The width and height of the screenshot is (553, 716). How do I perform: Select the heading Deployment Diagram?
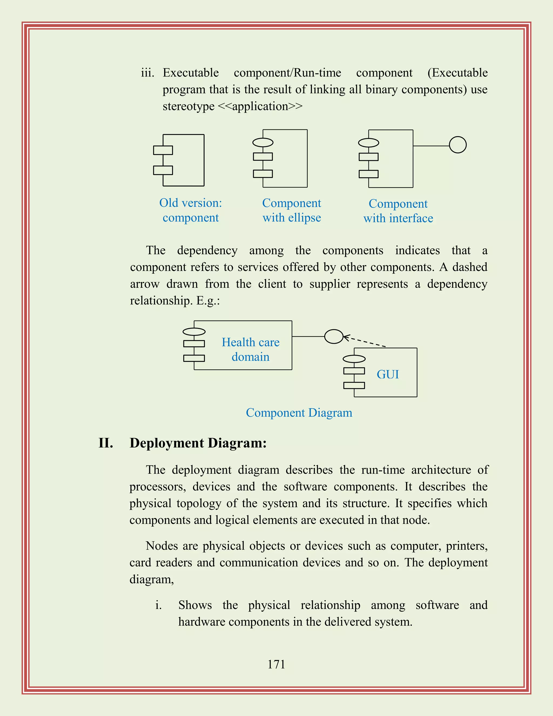tap(198, 443)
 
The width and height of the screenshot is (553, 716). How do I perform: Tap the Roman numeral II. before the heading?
tap(106, 443)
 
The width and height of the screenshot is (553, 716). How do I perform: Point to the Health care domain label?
tap(251, 349)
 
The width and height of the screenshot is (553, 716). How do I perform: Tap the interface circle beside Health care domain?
tap(333, 336)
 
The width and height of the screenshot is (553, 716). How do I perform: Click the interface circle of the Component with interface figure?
tap(458, 145)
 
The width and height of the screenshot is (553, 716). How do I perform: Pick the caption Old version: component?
tap(191, 210)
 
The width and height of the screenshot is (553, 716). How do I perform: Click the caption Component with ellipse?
tap(292, 210)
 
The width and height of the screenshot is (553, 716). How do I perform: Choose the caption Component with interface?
tap(398, 211)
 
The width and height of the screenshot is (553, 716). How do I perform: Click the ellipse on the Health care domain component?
tap(194, 332)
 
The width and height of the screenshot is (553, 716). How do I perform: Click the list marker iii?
tap(147, 73)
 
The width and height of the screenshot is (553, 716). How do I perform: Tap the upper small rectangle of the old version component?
tap(163, 150)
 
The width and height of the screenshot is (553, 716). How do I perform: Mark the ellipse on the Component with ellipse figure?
tap(263, 142)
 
